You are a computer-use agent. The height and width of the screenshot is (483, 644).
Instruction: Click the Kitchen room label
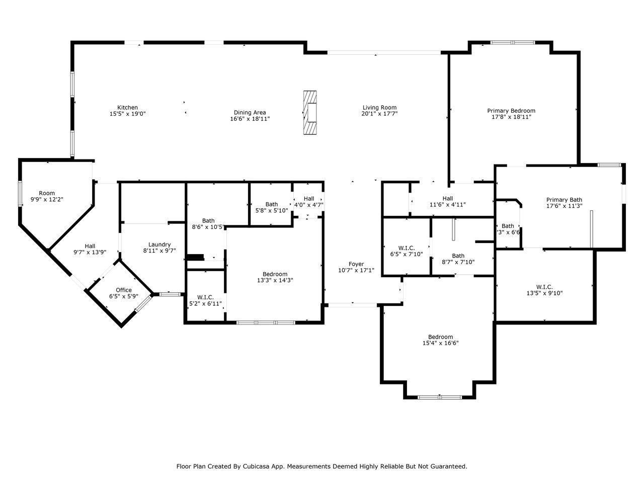[x=127, y=108]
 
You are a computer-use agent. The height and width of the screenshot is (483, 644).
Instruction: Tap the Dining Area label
[x=250, y=113]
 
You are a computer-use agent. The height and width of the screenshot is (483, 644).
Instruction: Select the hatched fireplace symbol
[x=310, y=113]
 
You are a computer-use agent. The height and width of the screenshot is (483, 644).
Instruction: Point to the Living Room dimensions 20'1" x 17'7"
[x=379, y=114]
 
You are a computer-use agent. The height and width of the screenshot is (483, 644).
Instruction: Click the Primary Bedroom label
[x=511, y=111]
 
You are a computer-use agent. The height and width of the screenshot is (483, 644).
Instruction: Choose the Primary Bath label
[x=564, y=200]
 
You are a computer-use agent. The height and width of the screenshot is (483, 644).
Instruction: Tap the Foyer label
[x=356, y=264]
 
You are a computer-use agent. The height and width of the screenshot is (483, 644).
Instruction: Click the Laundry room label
[x=159, y=245]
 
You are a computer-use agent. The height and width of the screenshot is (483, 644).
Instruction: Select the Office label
[x=124, y=290]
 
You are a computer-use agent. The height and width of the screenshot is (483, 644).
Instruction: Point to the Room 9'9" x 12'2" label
[x=47, y=197]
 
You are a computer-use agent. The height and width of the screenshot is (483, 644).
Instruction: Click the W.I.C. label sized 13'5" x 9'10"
[x=544, y=290]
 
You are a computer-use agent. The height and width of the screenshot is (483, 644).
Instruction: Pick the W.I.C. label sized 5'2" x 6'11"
[x=205, y=300]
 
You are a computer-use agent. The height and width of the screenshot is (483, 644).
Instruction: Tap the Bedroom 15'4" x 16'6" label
[x=440, y=340]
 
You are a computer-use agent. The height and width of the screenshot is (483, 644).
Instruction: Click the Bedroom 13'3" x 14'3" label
[x=275, y=277]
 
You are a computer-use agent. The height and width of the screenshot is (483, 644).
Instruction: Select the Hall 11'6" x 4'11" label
[x=447, y=201]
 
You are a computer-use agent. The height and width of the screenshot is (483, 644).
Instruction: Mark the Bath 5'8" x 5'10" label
[x=272, y=207]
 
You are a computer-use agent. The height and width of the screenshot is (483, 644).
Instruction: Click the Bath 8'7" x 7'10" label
[x=458, y=259]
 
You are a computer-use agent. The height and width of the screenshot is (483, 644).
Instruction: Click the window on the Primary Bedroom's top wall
[x=513, y=43]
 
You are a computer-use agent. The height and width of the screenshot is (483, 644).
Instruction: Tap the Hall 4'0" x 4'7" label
[x=308, y=202]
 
